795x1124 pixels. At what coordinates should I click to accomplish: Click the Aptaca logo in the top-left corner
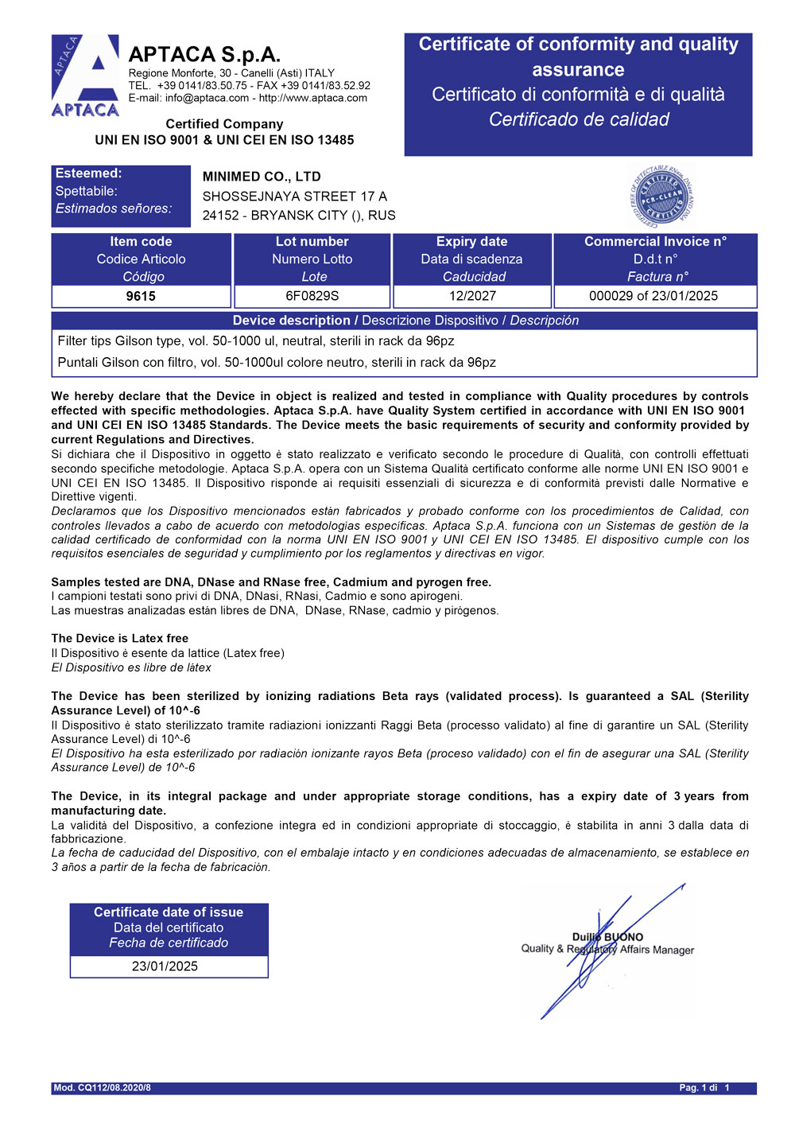click(x=85, y=76)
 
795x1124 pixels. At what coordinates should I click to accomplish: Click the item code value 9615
click(x=141, y=296)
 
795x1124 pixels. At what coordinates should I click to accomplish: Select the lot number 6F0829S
click(x=312, y=296)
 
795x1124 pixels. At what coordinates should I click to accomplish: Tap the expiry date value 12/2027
click(x=472, y=296)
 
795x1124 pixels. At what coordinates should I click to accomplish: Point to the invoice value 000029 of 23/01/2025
click(x=653, y=296)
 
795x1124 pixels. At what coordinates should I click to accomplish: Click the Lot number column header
click(x=312, y=242)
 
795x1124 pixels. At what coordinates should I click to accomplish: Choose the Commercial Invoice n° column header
click(x=655, y=242)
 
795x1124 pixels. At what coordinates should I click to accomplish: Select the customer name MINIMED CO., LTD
click(x=262, y=177)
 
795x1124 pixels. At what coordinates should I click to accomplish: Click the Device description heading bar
click(x=405, y=321)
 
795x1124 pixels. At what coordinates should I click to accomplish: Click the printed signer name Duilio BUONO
click(x=607, y=937)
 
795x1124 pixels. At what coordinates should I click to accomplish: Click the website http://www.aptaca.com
click(x=313, y=98)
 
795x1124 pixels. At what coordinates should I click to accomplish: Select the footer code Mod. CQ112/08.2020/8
click(x=103, y=1087)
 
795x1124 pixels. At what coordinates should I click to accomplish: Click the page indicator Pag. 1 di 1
click(x=704, y=1087)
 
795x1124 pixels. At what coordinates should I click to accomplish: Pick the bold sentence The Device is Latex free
click(x=120, y=638)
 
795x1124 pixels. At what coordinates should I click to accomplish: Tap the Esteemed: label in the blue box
click(x=89, y=173)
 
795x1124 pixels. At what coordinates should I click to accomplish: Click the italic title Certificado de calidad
click(x=579, y=120)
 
